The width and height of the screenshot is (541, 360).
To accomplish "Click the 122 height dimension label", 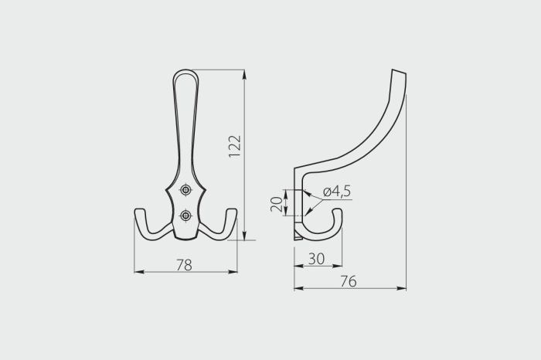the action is coord(235,146).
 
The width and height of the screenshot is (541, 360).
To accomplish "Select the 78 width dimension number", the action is coord(184,265).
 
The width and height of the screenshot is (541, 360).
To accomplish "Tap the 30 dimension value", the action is coord(316,259).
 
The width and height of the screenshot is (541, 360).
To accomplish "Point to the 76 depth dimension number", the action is coord(348,281).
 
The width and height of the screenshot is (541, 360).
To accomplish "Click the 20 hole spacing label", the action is coord(277,204).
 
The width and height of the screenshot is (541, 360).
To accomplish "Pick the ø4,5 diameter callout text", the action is coord(337,192).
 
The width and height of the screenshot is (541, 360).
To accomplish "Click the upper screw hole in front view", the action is coord(186,189).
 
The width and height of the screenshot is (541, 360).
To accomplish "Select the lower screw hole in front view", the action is coord(186,216).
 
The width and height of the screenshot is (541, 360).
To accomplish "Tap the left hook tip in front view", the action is coord(139,210).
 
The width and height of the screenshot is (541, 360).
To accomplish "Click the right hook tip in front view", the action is coord(232,210).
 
